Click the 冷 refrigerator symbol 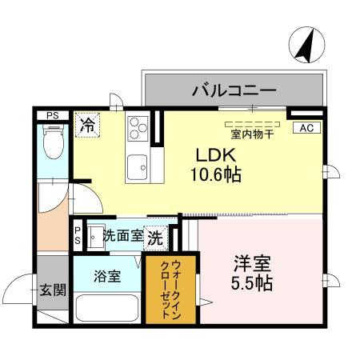[x=87, y=126]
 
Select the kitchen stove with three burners [x=138, y=127]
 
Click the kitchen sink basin [x=137, y=167]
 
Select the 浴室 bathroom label [x=107, y=276]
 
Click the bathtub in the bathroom [x=106, y=308]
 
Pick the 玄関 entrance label [x=53, y=290]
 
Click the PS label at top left [x=52, y=115]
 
